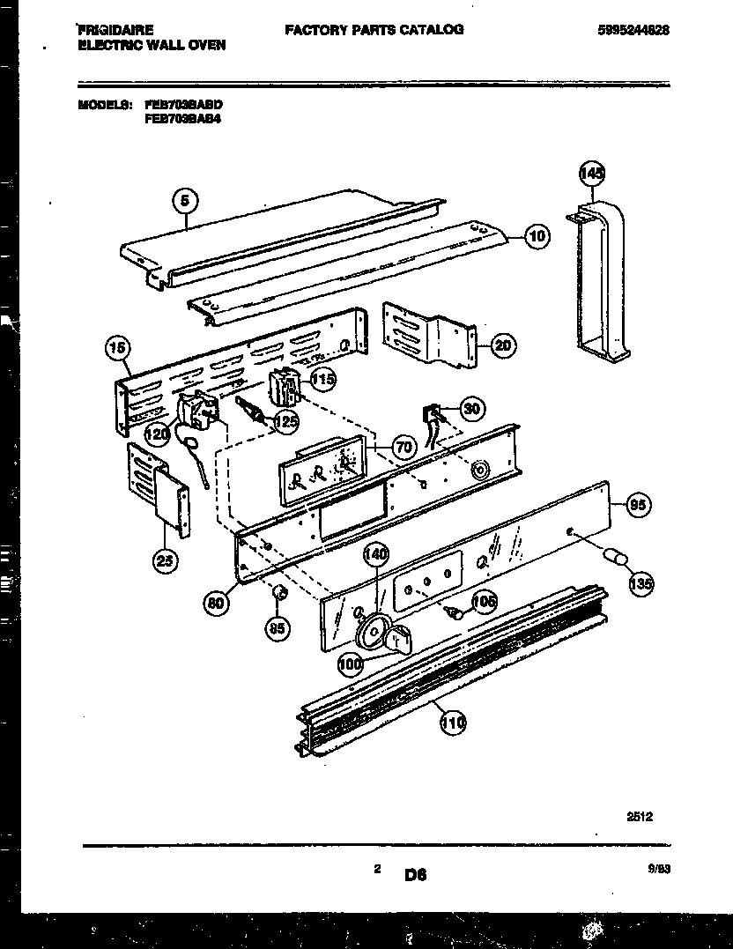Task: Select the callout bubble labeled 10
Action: (537, 235)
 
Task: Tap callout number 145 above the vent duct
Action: (593, 174)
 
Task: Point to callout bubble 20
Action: (502, 345)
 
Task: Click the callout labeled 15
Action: (115, 349)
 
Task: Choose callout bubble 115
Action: (322, 380)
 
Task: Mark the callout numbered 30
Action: (473, 408)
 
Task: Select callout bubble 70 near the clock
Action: (404, 448)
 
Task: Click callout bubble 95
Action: (638, 506)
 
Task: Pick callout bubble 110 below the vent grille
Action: (452, 724)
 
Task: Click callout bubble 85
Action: (277, 627)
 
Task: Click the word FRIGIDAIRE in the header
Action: (115, 29)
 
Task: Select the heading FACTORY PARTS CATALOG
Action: (374, 29)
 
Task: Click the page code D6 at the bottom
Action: (416, 875)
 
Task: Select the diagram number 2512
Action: (640, 817)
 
